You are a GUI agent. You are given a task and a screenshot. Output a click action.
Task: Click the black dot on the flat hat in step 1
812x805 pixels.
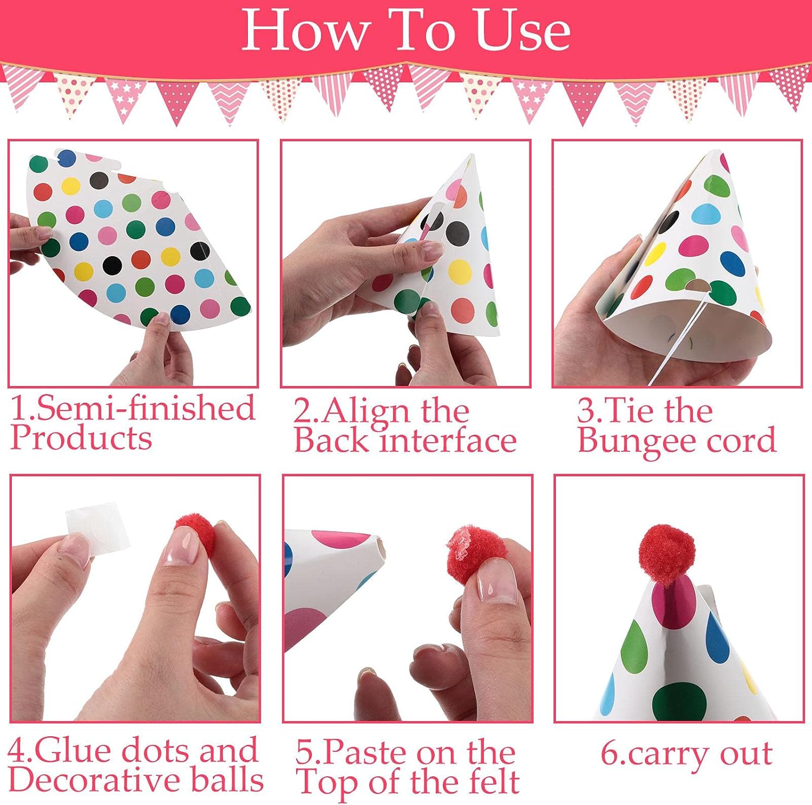pos(112,264)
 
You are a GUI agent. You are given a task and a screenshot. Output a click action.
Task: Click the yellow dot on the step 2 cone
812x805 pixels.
pos(460,271)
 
